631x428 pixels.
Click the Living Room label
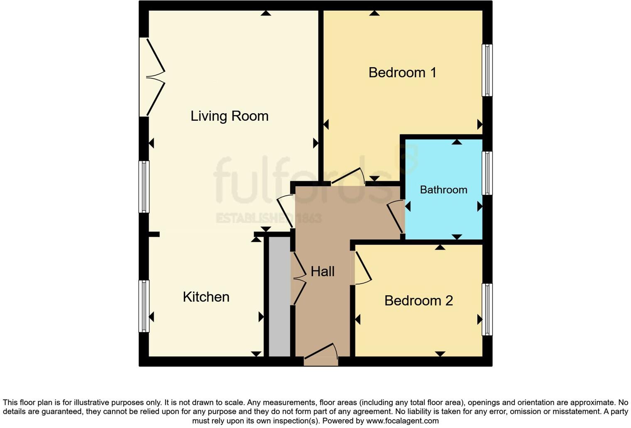point(229,116)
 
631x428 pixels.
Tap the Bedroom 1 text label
point(402,73)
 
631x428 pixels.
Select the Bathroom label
point(443,190)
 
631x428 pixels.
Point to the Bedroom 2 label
point(418,301)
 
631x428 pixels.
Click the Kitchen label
point(206,297)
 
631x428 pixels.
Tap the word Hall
point(323,272)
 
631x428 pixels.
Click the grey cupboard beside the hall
point(279,297)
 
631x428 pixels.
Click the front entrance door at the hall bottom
point(321,355)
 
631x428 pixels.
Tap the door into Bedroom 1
point(348,176)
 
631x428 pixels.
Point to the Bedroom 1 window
point(487,70)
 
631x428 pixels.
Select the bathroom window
point(487,173)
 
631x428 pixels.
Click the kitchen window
point(144,306)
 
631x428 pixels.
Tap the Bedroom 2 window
point(487,309)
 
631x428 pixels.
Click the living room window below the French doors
point(144,187)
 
